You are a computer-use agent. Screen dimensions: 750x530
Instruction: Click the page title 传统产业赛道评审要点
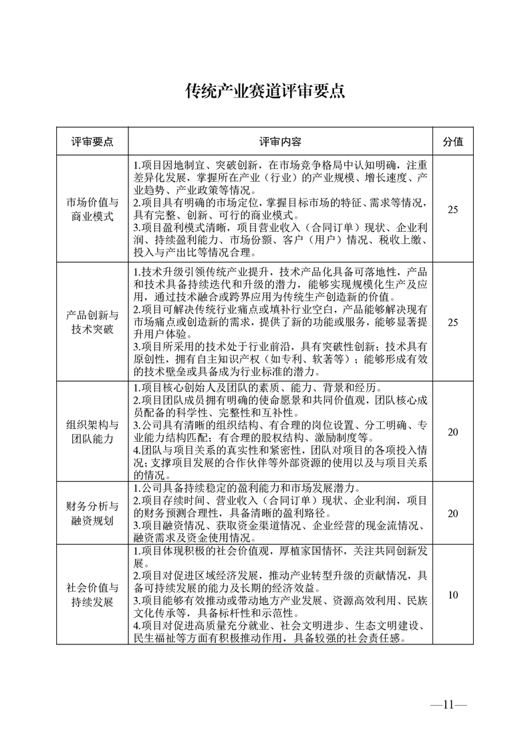(265, 92)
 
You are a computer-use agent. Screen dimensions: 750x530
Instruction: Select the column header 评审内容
(281, 142)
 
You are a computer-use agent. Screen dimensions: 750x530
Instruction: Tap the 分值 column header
(453, 142)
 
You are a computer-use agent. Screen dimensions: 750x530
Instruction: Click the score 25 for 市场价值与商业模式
(453, 210)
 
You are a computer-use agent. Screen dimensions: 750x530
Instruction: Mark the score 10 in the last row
(453, 594)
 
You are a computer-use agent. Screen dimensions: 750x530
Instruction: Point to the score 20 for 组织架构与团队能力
(453, 432)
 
